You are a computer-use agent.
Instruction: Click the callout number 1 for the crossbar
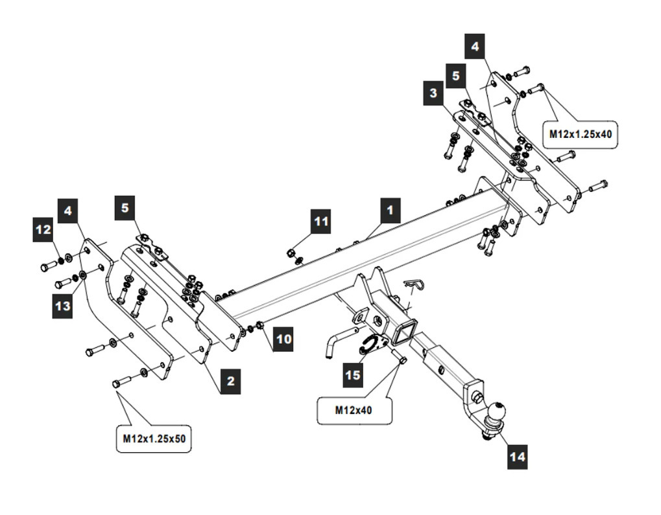click(x=390, y=211)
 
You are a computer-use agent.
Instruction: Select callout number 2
click(x=230, y=382)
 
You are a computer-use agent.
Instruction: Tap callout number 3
click(x=433, y=93)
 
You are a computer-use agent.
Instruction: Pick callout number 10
click(x=283, y=338)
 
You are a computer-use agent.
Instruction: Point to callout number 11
click(x=321, y=222)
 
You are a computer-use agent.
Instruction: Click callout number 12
click(x=43, y=230)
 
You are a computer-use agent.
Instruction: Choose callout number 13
click(x=62, y=306)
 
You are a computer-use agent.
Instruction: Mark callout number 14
click(x=517, y=456)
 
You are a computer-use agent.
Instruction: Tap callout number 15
click(x=352, y=375)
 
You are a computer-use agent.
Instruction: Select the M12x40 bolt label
click(x=354, y=410)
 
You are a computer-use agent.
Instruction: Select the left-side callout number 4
click(x=67, y=211)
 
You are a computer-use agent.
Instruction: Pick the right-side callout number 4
click(x=475, y=47)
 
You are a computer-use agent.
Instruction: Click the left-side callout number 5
click(x=125, y=209)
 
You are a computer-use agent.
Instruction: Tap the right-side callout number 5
click(x=455, y=76)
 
